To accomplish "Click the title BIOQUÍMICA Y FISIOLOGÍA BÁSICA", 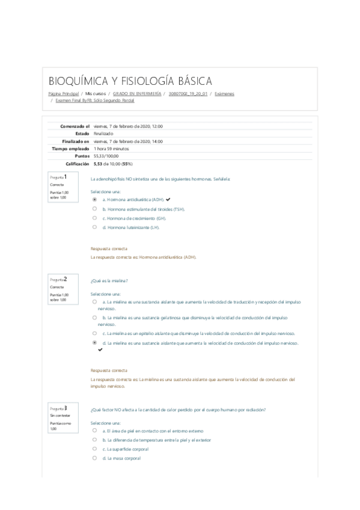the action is click(130, 81).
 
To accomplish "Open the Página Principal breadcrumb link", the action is click(64, 94).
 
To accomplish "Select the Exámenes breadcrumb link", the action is click(224, 94).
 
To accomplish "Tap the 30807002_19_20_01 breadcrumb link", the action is click(188, 94).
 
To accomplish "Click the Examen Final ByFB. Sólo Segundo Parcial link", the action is click(95, 101).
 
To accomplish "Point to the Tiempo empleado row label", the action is click(71, 148).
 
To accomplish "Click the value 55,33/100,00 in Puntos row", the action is click(106, 155).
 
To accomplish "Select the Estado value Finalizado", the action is click(103, 134).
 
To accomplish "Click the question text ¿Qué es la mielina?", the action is click(109, 280).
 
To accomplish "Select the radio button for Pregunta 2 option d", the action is click(94, 343).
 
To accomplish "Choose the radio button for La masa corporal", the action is click(94, 458).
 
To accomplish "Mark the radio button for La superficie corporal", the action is click(94, 449).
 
